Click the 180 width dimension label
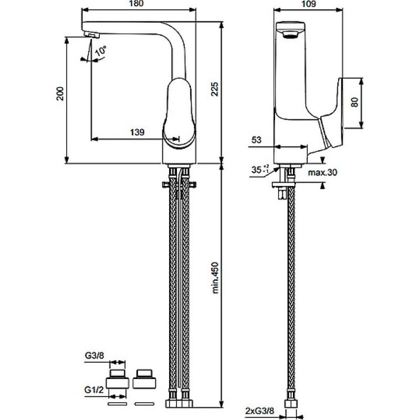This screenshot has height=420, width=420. pyautogui.click(x=136, y=4)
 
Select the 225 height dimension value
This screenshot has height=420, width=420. pyautogui.click(x=215, y=89)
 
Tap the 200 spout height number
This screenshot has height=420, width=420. pyautogui.click(x=60, y=93)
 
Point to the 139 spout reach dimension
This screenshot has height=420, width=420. pyautogui.click(x=137, y=132)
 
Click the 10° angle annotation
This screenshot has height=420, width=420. pyautogui.click(x=100, y=51)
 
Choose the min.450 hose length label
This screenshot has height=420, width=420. pyautogui.click(x=215, y=278)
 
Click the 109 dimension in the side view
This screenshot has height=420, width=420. pyautogui.click(x=308, y=4)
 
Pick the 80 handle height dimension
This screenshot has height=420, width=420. pyautogui.click(x=354, y=102)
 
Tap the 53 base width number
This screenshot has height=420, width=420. pyautogui.click(x=256, y=140)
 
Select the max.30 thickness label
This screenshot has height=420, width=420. pyautogui.click(x=322, y=172)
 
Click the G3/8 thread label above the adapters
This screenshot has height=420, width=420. pyautogui.click(x=94, y=355)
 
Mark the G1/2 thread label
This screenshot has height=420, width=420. pyautogui.click(x=94, y=390)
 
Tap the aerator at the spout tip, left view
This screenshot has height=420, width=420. pyautogui.click(x=91, y=35)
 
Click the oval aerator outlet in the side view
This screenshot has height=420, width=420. pyautogui.click(x=290, y=35)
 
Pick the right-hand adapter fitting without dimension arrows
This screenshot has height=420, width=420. pyautogui.click(x=144, y=379)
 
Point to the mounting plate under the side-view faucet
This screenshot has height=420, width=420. pyautogui.click(x=283, y=185)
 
